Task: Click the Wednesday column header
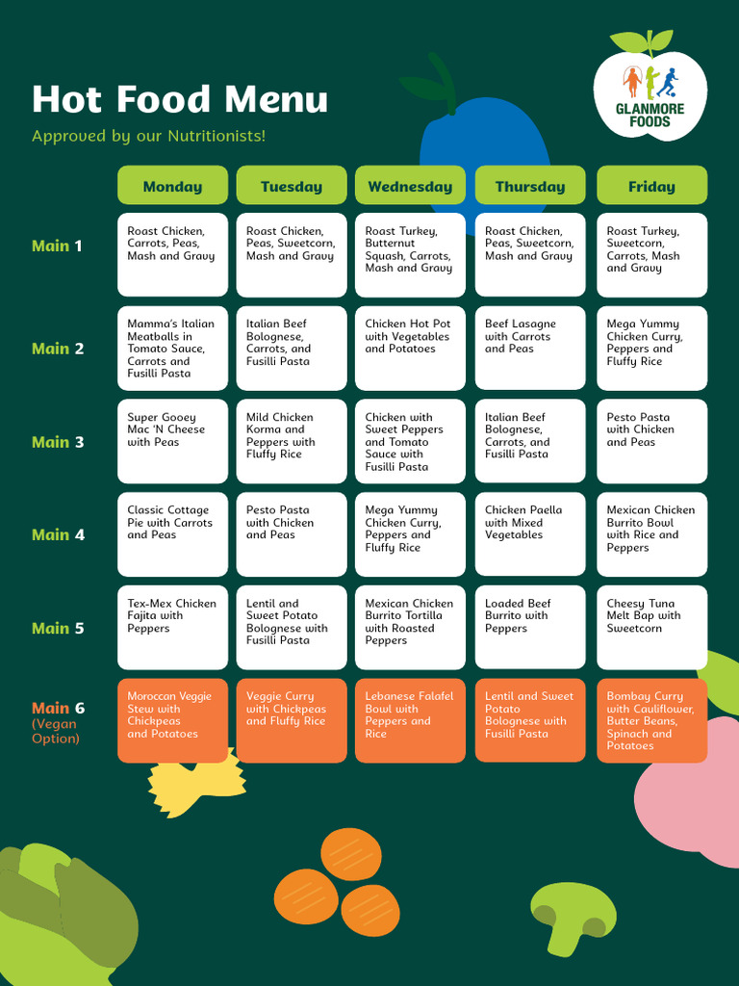click(x=410, y=185)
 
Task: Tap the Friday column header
click(x=651, y=185)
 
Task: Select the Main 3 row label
click(x=58, y=442)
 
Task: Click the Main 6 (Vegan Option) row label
click(x=59, y=722)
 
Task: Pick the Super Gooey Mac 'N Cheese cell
click(x=173, y=441)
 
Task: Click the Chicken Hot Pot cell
click(x=410, y=349)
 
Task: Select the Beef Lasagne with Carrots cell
click(x=530, y=349)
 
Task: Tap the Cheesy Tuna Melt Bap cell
click(x=652, y=628)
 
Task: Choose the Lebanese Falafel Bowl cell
click(x=410, y=720)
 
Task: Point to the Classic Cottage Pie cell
click(x=173, y=534)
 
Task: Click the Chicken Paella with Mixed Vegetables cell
click(x=530, y=534)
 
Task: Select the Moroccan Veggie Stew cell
click(x=173, y=720)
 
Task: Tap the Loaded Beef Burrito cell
click(x=530, y=628)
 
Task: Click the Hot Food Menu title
click(x=180, y=99)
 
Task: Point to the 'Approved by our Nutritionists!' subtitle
click(x=149, y=136)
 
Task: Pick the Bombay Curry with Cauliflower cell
click(x=652, y=720)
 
